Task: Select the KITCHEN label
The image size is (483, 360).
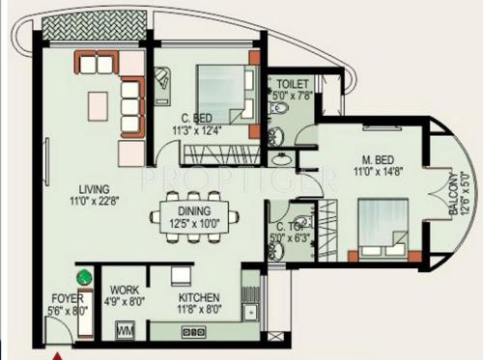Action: [198, 298]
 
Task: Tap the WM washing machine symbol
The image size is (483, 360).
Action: [126, 331]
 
